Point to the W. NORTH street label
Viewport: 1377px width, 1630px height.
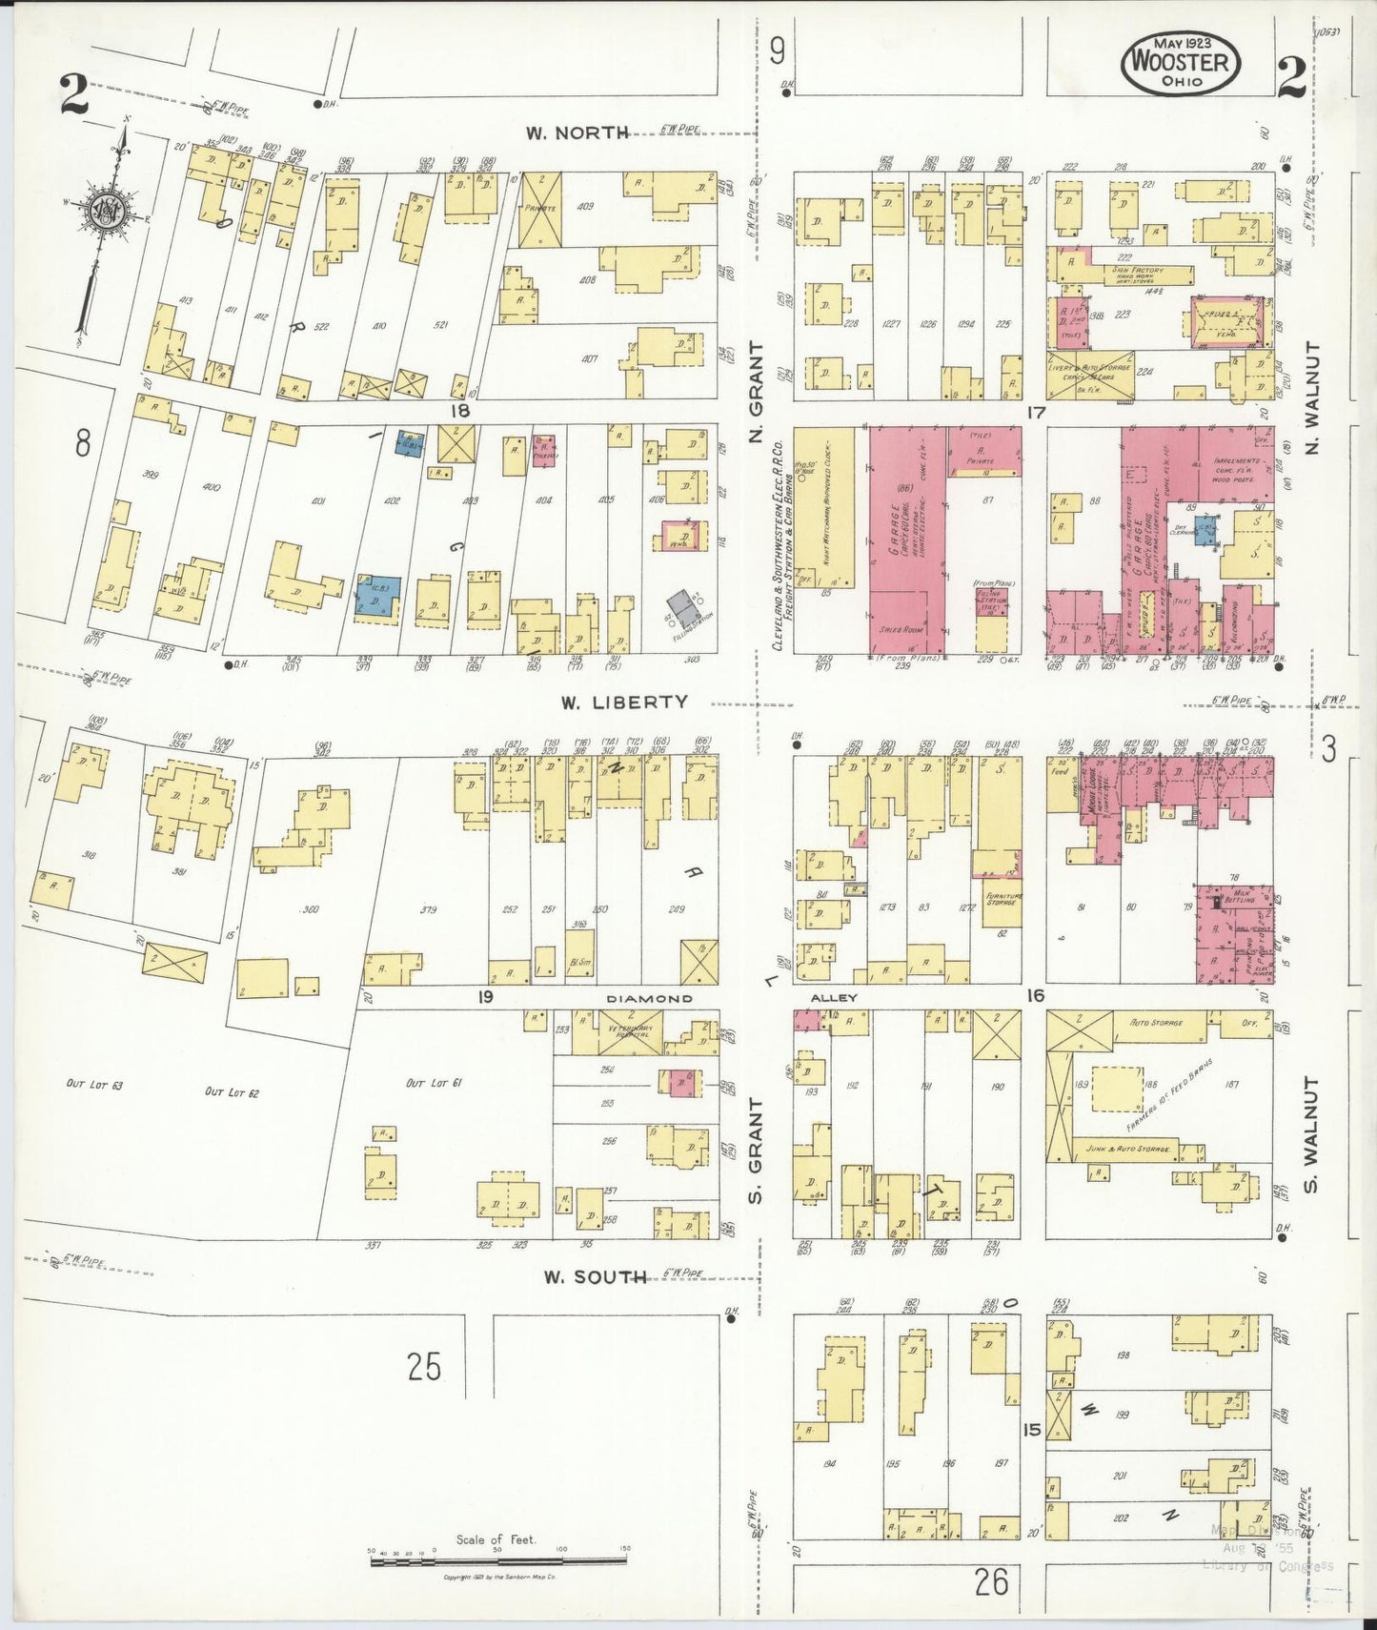click(577, 132)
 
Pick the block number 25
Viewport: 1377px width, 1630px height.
click(424, 1367)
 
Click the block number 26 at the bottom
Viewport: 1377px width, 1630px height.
click(992, 1582)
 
